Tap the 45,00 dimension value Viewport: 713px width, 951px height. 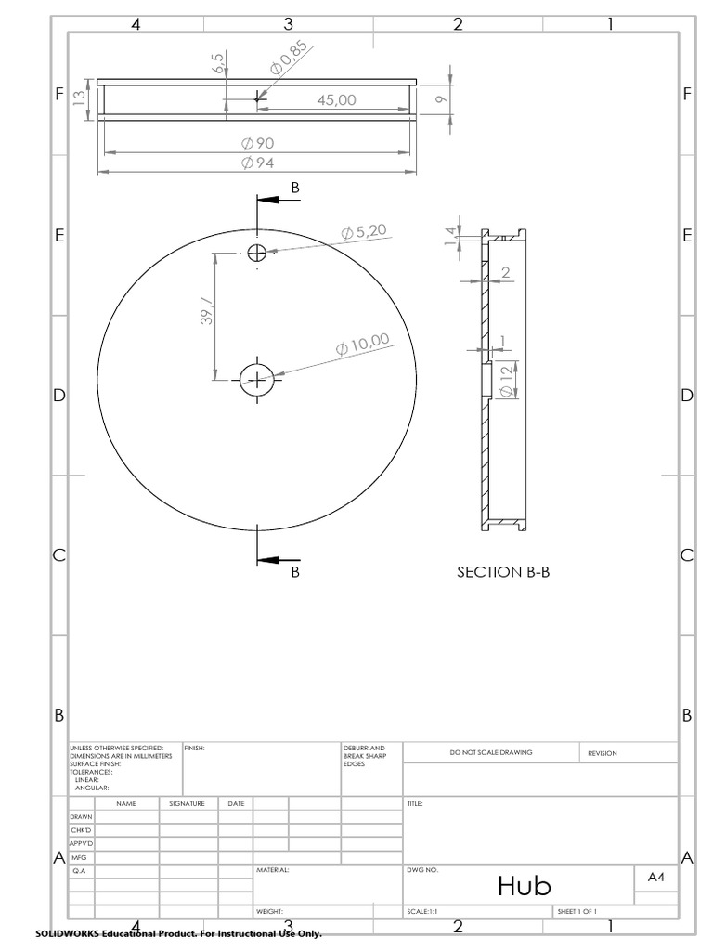pyautogui.click(x=336, y=100)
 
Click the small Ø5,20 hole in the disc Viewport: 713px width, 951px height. pyautogui.click(x=256, y=252)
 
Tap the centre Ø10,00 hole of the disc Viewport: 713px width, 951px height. pyautogui.click(x=256, y=379)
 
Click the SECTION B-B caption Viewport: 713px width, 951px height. pyautogui.click(x=503, y=572)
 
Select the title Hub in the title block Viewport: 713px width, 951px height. pyautogui.click(x=524, y=885)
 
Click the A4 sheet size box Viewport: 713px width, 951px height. pyautogui.click(x=655, y=876)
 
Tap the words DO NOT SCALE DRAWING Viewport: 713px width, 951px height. pyautogui.click(x=491, y=752)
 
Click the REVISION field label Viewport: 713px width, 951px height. pyautogui.click(x=602, y=753)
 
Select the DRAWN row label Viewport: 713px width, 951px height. pyautogui.click(x=81, y=816)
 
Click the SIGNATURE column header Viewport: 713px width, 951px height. pyautogui.click(x=187, y=802)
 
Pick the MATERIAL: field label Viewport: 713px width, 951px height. pyautogui.click(x=273, y=871)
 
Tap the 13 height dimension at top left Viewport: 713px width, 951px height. pyautogui.click(x=80, y=96)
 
